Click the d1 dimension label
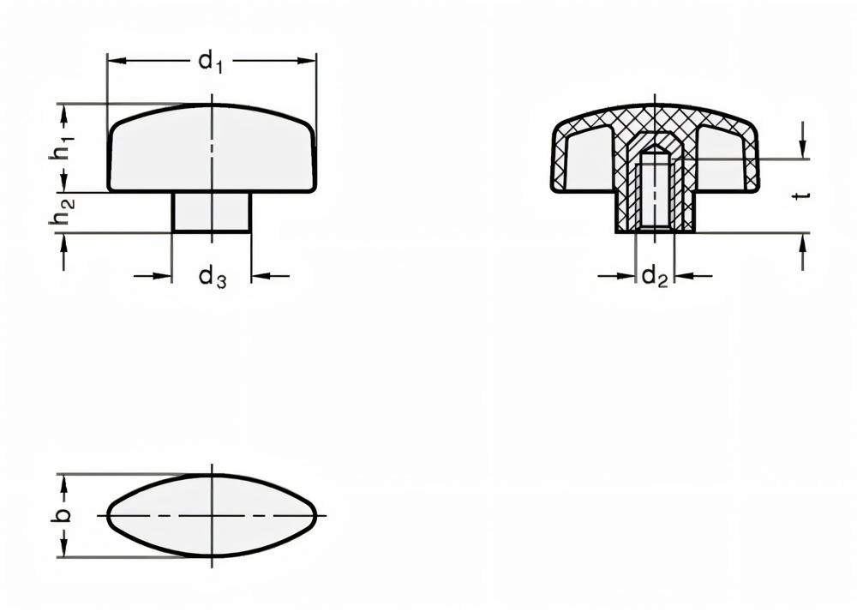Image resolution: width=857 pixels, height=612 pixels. coord(211,62)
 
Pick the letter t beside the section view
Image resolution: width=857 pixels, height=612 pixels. coord(801,195)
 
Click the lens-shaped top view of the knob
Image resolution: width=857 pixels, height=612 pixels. coord(212,515)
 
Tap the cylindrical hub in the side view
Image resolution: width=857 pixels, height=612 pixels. coord(212,212)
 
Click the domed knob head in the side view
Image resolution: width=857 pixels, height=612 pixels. coord(212,147)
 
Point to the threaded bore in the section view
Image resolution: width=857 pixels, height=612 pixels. coord(655,190)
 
